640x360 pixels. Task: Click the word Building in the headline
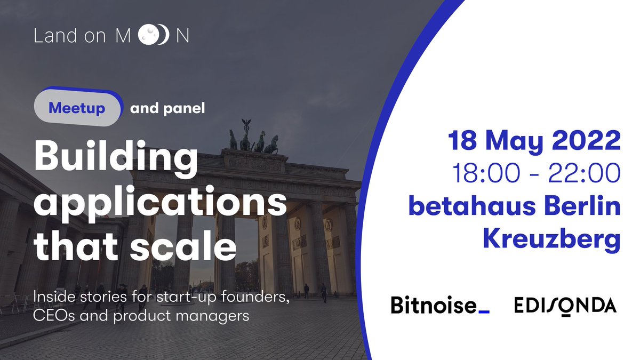113,159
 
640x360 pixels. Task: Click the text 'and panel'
167,109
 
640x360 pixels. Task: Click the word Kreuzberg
551,239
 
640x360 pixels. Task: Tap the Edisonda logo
565,306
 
